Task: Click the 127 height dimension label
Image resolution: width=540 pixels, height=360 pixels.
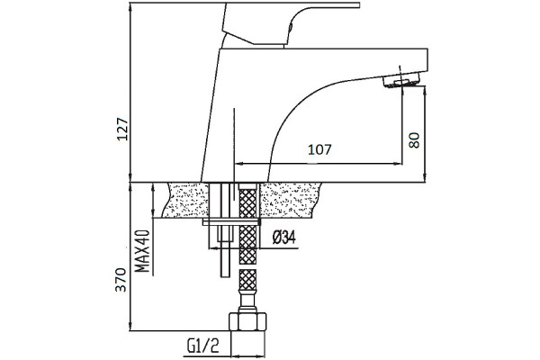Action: tap(122, 129)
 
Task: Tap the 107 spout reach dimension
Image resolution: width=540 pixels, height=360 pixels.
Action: tap(319, 149)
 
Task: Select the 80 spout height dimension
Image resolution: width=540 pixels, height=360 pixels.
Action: tap(414, 139)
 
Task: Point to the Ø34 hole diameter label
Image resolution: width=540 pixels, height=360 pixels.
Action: tap(284, 238)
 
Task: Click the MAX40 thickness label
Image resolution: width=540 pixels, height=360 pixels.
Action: tap(142, 251)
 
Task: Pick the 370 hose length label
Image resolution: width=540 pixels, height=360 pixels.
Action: tap(121, 279)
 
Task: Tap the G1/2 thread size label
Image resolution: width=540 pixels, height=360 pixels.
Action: tap(203, 346)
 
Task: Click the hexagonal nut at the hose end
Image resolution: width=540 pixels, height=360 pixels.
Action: tap(247, 321)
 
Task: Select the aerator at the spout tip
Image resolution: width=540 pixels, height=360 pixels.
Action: tap(401, 82)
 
